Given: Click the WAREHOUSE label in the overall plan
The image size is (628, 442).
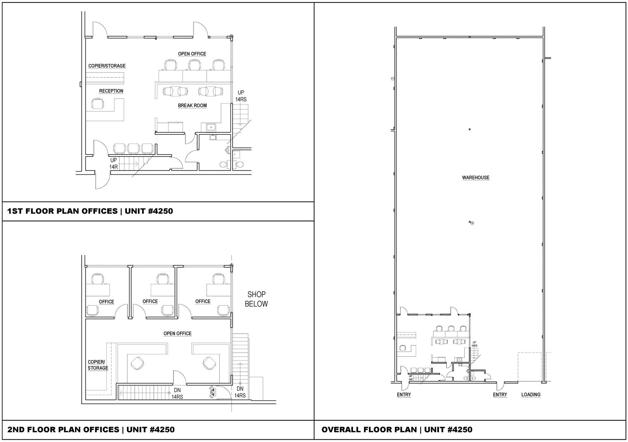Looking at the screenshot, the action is coord(476,177).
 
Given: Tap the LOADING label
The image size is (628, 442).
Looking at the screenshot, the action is coord(531,394).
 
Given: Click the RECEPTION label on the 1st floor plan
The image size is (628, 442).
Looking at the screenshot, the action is coord(111,91).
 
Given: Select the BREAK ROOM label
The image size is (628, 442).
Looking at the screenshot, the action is coord(192,105).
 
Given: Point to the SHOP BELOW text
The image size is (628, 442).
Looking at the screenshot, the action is coord(256,299).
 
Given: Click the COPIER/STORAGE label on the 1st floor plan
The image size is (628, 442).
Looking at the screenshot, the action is coord(107,66).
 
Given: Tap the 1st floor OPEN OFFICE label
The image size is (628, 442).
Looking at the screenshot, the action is coord(192,54).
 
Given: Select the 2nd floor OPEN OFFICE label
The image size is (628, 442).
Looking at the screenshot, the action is coord(177,333).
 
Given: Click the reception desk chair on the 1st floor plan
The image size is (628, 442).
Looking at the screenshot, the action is coord(97,104).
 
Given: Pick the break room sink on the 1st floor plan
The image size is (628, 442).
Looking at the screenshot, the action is coord(211,127).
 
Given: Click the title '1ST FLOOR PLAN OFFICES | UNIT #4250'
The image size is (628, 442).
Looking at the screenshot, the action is coord(90,211).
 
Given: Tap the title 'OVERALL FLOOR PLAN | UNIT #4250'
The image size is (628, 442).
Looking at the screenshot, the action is coord(397,429).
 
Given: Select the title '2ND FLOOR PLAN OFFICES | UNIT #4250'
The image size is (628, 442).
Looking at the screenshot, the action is coord(91,429).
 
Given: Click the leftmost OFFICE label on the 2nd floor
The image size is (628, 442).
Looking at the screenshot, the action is coord(106,302).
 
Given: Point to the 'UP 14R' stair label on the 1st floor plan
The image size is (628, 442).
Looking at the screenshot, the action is coord(114,164).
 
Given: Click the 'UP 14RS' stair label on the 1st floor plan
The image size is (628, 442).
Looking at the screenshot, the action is coord(241,96).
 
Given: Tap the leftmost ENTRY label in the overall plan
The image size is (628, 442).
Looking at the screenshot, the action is coord(404,394).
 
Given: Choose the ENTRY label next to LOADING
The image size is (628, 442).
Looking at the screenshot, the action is coord(500,394).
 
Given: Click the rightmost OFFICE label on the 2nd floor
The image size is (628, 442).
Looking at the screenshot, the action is coord(203,301).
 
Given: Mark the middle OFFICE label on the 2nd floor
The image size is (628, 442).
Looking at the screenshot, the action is coord(150,301).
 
